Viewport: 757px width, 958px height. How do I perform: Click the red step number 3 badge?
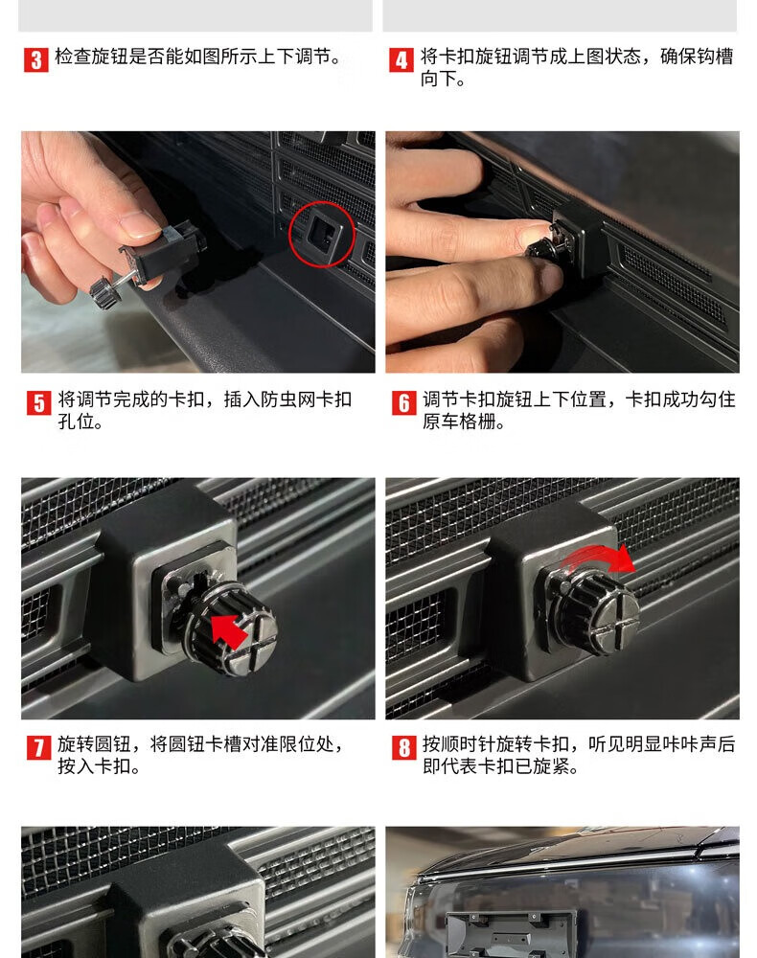click(36, 59)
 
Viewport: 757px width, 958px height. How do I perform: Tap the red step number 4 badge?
click(401, 59)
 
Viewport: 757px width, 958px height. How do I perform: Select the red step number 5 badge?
click(38, 403)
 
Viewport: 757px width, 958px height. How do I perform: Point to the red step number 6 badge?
click(403, 403)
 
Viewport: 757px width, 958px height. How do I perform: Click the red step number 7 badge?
click(38, 748)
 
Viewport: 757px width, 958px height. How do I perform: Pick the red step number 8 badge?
click(403, 748)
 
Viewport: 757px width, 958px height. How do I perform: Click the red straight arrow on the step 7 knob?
click(228, 631)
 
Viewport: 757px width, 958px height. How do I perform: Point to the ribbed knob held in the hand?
click(104, 292)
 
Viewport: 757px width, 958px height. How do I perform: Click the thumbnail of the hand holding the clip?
click(198, 252)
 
